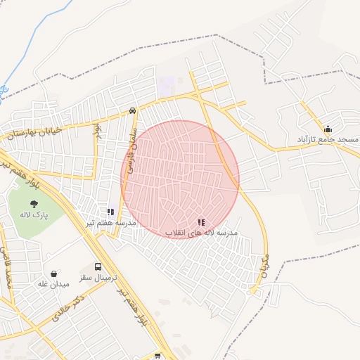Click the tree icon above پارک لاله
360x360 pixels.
pos(34,204)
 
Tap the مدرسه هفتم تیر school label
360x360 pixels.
pos(110,223)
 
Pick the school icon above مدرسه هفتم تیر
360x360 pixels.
pos(110,211)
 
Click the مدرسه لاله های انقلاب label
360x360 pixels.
pos(202,232)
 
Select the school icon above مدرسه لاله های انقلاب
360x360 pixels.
pos(202,221)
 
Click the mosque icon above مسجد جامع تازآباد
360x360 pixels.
pos(328,129)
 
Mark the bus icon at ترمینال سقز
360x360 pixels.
pos(98,267)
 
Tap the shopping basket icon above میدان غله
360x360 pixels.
pos(54,274)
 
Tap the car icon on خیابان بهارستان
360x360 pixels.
pos(133,110)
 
